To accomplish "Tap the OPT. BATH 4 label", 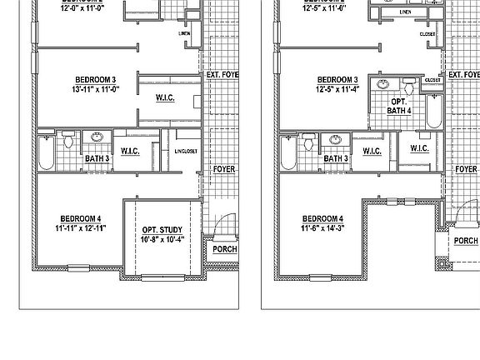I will pos(398,106).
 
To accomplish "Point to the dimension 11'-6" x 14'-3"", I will pos(322,227).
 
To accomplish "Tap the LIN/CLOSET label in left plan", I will pos(185,152).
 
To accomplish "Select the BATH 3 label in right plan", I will pos(335,158).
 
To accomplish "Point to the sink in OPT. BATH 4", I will pos(383,84).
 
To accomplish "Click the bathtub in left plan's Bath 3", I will pos(46,152).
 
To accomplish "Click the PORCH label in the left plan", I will pos(225,248).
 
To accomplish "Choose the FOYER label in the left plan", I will pos(224,169).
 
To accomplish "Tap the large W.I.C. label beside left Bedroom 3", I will pos(165,97).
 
